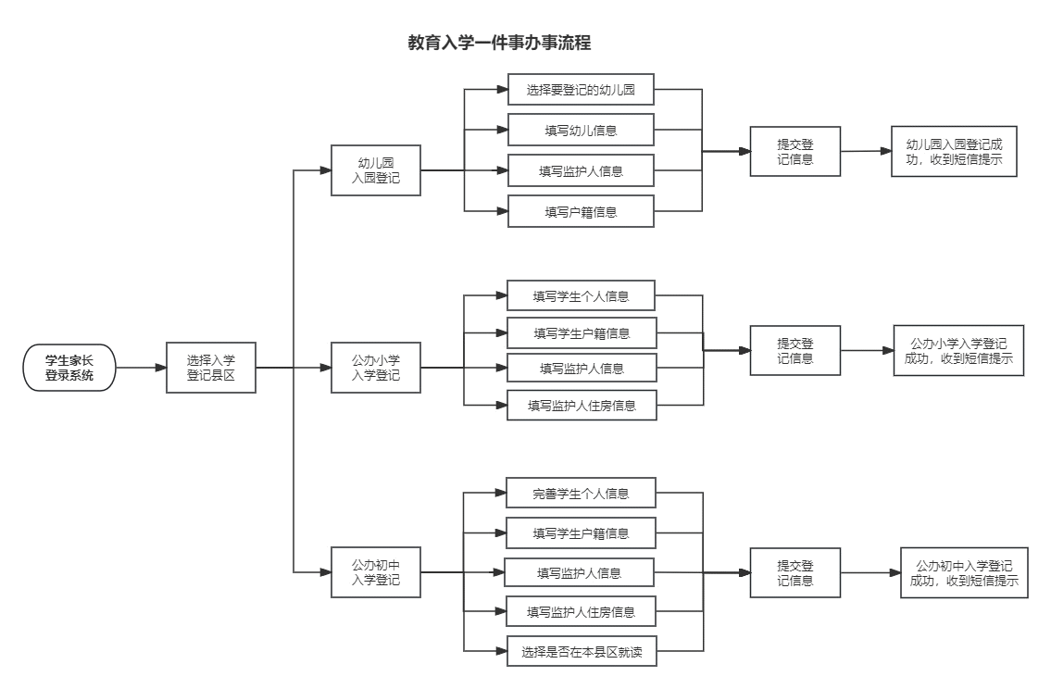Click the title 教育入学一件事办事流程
499,43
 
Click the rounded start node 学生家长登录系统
69,368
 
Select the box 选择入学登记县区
210,368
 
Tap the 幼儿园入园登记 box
376,170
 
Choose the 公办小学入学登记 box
376,368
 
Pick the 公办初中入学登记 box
376,571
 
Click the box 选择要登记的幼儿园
581,90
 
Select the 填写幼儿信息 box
581,130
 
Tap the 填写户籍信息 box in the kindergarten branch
581,211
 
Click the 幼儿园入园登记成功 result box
954,151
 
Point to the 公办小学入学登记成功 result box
958,350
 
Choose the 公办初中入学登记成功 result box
964,572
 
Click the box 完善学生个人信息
581,493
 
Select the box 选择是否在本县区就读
581,651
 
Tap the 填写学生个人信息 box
581,295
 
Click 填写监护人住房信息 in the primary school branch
581,406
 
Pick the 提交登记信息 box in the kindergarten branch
795,151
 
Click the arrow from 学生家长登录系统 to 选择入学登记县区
141,368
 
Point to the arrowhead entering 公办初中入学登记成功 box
893,572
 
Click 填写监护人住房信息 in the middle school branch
581,611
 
